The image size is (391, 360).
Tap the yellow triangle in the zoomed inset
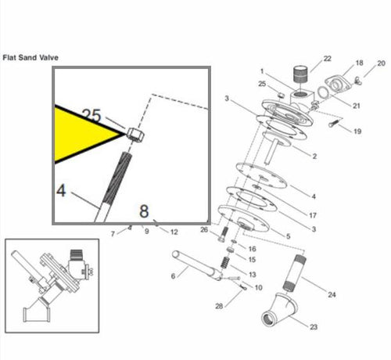pyautogui.click(x=82, y=133)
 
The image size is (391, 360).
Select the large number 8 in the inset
pyautogui.click(x=143, y=211)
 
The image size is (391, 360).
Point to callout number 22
pyautogui.click(x=327, y=59)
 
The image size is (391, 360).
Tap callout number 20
pyautogui.click(x=381, y=63)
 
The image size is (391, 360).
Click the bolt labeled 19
pyautogui.click(x=335, y=122)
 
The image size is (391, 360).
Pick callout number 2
pyautogui.click(x=314, y=157)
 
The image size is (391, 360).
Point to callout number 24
pyautogui.click(x=332, y=295)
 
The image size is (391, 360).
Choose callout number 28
pyautogui.click(x=220, y=305)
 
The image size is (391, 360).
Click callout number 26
pyautogui.click(x=203, y=230)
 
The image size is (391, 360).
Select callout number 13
pyautogui.click(x=252, y=275)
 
